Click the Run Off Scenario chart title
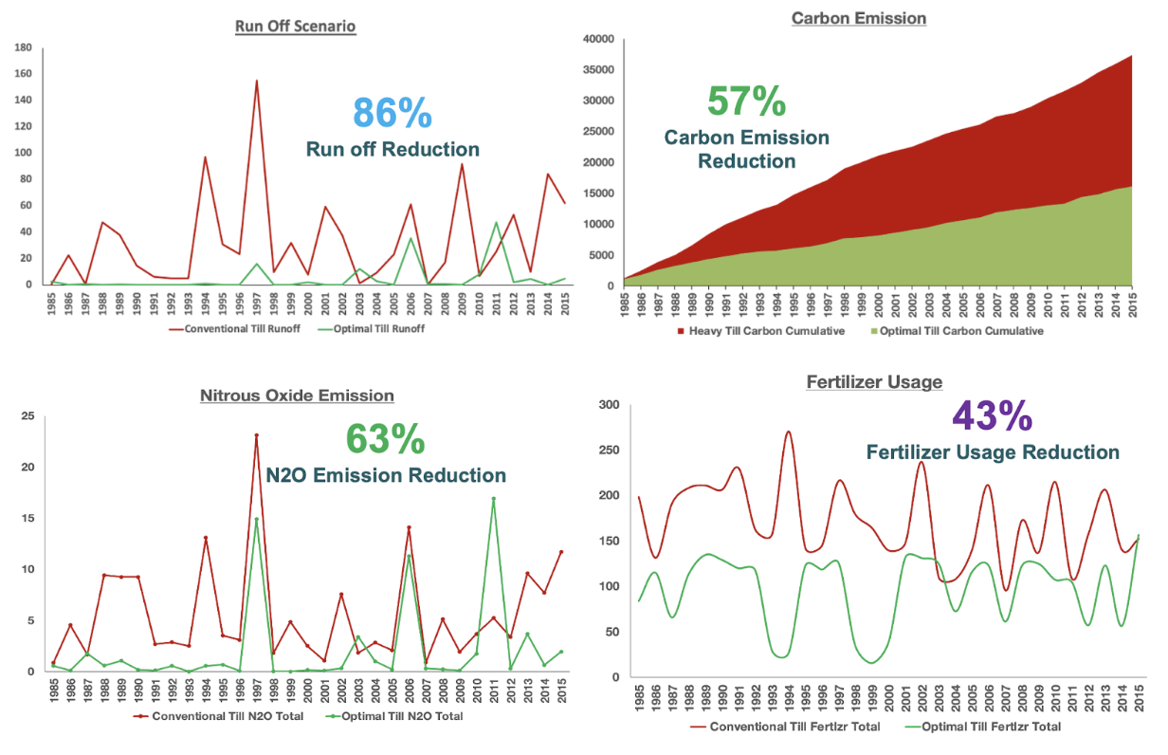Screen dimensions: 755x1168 [x=296, y=26]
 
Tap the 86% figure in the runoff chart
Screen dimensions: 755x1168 [x=392, y=112]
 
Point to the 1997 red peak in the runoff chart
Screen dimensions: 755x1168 [x=256, y=82]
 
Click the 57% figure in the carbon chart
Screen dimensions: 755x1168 [x=746, y=101]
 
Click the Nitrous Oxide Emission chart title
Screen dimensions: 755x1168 [x=297, y=396]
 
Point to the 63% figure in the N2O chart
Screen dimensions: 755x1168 [x=385, y=439]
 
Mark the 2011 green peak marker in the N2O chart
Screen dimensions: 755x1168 [x=494, y=499]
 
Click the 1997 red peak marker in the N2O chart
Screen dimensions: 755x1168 [x=256, y=436]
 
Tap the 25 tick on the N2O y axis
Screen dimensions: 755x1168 [x=28, y=416]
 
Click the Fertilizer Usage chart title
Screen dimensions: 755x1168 [x=874, y=382]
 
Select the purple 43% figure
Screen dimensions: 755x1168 [x=992, y=415]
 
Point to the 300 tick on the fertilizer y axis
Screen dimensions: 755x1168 [x=607, y=405]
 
